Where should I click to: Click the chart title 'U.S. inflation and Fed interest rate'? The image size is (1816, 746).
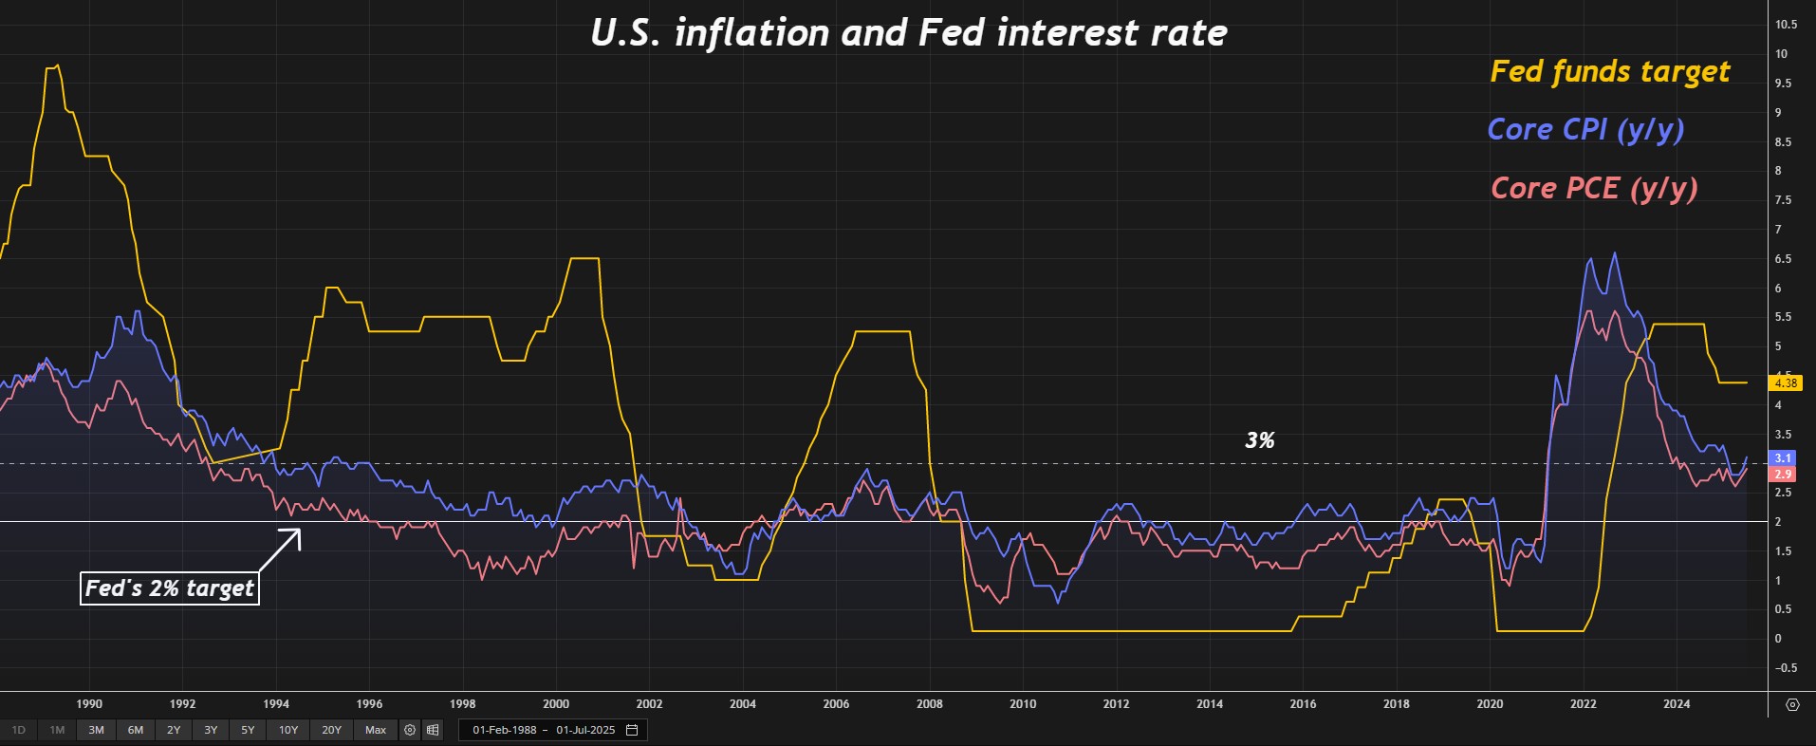(908, 33)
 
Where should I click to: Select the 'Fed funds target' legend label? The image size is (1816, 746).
(1609, 72)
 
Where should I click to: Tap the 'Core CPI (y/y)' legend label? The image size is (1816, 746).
(1584, 130)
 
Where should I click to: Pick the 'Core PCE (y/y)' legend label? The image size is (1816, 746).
(1593, 188)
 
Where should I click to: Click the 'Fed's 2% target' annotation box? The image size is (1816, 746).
(171, 588)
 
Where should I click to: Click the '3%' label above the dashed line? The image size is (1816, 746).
(1259, 440)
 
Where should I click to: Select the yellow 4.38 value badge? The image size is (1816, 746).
(1785, 383)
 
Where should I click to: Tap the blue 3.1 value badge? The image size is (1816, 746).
(1783, 458)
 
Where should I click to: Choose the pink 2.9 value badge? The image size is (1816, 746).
(1783, 475)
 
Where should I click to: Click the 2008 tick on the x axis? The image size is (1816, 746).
(930, 704)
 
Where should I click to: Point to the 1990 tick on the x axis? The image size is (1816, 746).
(89, 704)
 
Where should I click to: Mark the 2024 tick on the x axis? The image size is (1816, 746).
(1677, 704)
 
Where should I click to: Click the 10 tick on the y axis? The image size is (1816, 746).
(1781, 54)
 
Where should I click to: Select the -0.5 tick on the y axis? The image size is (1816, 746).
(1785, 668)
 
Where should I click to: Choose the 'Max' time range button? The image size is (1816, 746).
(376, 730)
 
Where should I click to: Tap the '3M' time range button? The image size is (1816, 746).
(96, 730)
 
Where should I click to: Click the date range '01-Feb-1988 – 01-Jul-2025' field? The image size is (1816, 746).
(545, 730)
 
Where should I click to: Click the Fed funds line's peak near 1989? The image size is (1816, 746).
(58, 65)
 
